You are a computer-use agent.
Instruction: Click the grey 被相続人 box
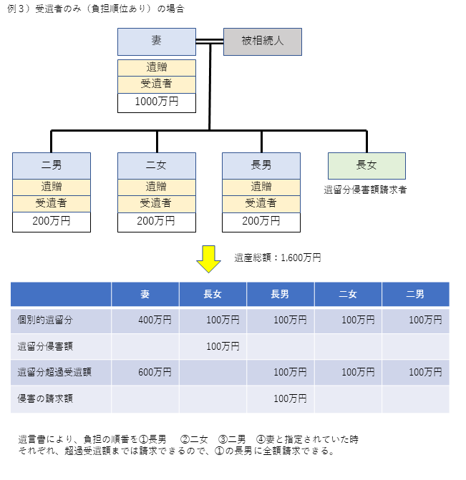pos(263,41)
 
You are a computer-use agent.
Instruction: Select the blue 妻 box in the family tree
pos(157,41)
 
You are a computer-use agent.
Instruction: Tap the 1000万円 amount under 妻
pos(157,102)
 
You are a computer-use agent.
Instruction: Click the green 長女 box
pos(367,166)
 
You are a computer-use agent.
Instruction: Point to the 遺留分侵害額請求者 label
pos(365,190)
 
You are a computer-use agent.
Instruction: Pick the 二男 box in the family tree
pos(52,166)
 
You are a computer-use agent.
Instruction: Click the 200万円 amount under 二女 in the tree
pos(156,221)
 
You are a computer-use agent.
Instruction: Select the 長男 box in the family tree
pos(261,166)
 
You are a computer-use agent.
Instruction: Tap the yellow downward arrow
pos(208,259)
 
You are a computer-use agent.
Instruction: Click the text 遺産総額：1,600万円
pos(278,258)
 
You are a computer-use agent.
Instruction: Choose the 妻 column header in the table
pos(145,294)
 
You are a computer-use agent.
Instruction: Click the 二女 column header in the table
pos(348,294)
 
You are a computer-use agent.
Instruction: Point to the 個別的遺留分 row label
pos(45,320)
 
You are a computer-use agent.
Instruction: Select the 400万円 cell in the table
pos(155,320)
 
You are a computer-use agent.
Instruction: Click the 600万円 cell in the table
pos(155,372)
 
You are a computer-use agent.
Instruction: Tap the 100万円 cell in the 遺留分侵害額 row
pos(223,346)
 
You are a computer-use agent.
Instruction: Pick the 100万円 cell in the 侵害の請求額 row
pos(290,398)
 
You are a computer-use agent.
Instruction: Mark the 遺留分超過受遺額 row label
pos(54,372)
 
